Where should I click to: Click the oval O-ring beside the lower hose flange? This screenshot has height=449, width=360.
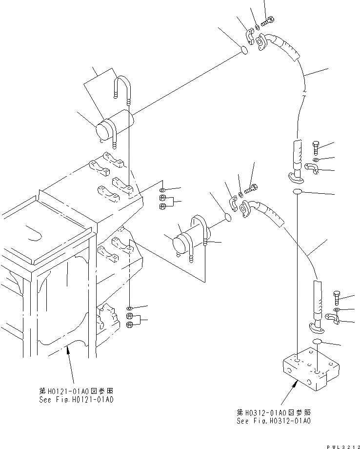[x=228, y=216]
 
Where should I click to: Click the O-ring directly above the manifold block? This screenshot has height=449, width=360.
[x=318, y=341]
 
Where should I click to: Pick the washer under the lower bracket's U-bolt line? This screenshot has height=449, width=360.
[x=129, y=308]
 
